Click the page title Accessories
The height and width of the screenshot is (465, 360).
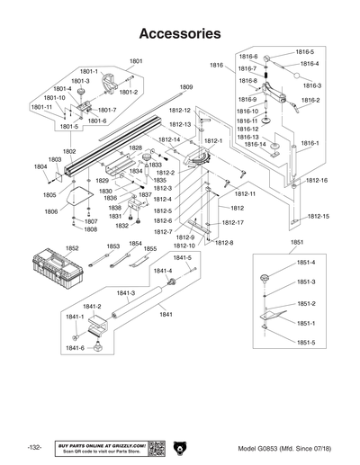[x=180, y=34]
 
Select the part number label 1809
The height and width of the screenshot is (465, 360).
[x=186, y=87]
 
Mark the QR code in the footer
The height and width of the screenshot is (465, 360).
[x=155, y=448]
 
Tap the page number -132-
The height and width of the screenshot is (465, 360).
[x=35, y=448]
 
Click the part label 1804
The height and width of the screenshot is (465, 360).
[x=40, y=167]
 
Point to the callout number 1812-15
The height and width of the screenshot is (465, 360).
[x=318, y=217]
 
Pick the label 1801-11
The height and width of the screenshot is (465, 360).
[x=41, y=107]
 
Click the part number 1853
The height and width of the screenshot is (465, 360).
[x=113, y=246]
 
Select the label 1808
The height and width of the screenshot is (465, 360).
[x=91, y=229]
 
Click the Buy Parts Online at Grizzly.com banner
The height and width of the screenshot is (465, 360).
[x=102, y=448]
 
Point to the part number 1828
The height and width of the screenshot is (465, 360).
[x=136, y=148]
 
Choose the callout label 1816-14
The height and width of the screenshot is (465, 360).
[x=256, y=144]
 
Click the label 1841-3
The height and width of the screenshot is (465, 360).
[x=125, y=293]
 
